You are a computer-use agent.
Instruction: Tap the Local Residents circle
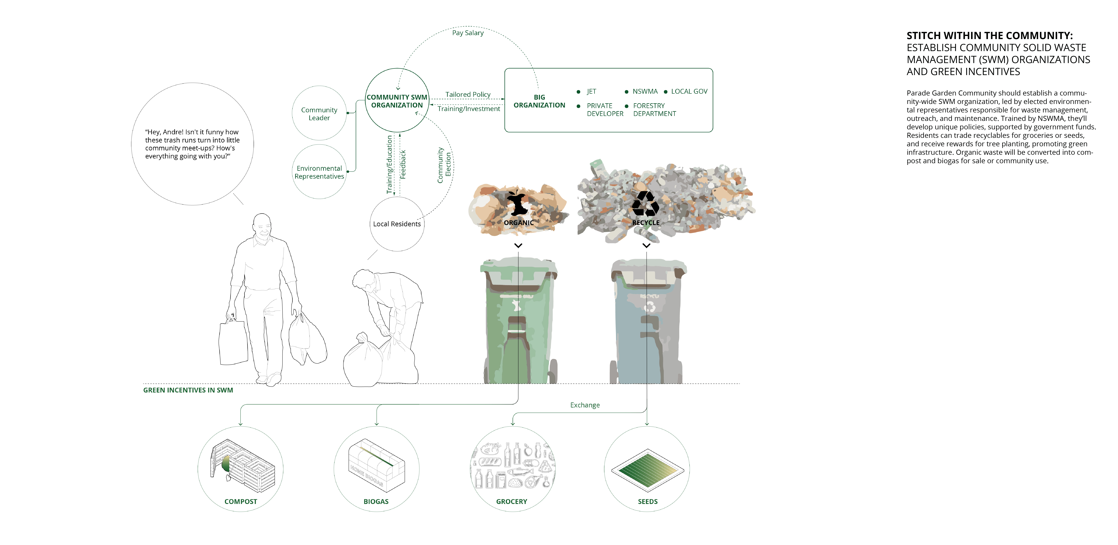click(x=397, y=224)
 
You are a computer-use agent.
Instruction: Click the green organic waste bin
click(x=519, y=321)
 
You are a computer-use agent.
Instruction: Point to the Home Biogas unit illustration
click(x=376, y=466)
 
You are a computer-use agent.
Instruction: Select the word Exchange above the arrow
click(x=585, y=405)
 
